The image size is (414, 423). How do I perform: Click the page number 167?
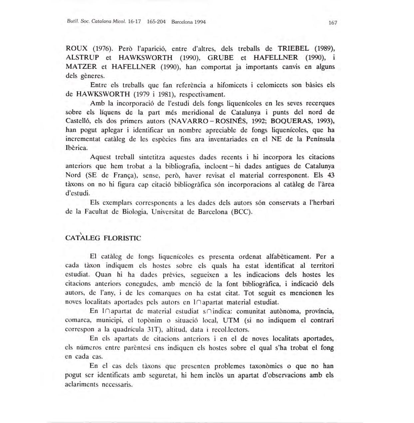[x=333, y=23]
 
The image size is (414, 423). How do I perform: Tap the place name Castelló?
[x=79, y=121]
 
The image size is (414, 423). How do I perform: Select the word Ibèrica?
[x=77, y=148]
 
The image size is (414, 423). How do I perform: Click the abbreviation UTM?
[x=231, y=321]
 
